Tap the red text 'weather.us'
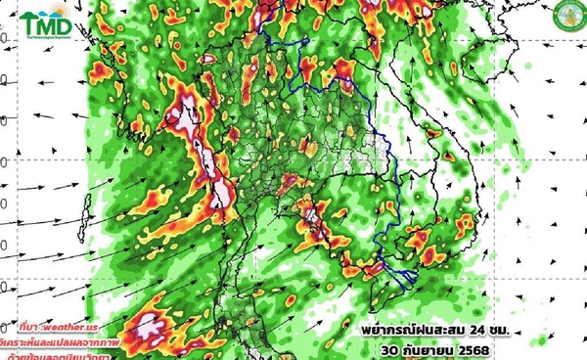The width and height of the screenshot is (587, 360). point(79,324)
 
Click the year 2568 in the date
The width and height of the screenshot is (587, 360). point(477,345)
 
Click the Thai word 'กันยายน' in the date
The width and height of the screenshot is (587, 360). point(428,345)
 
